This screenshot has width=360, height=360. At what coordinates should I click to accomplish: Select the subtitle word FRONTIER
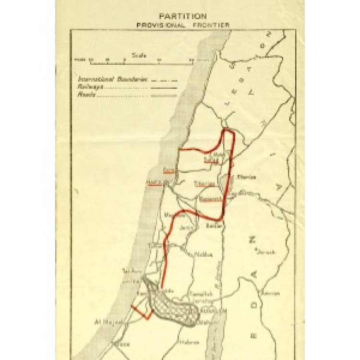tap(213, 24)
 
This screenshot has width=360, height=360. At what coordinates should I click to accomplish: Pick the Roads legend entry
tap(85, 95)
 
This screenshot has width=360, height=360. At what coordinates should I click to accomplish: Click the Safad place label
tap(211, 161)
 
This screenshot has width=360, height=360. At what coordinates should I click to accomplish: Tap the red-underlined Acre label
tap(168, 170)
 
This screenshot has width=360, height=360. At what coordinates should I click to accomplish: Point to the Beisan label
tap(212, 225)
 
